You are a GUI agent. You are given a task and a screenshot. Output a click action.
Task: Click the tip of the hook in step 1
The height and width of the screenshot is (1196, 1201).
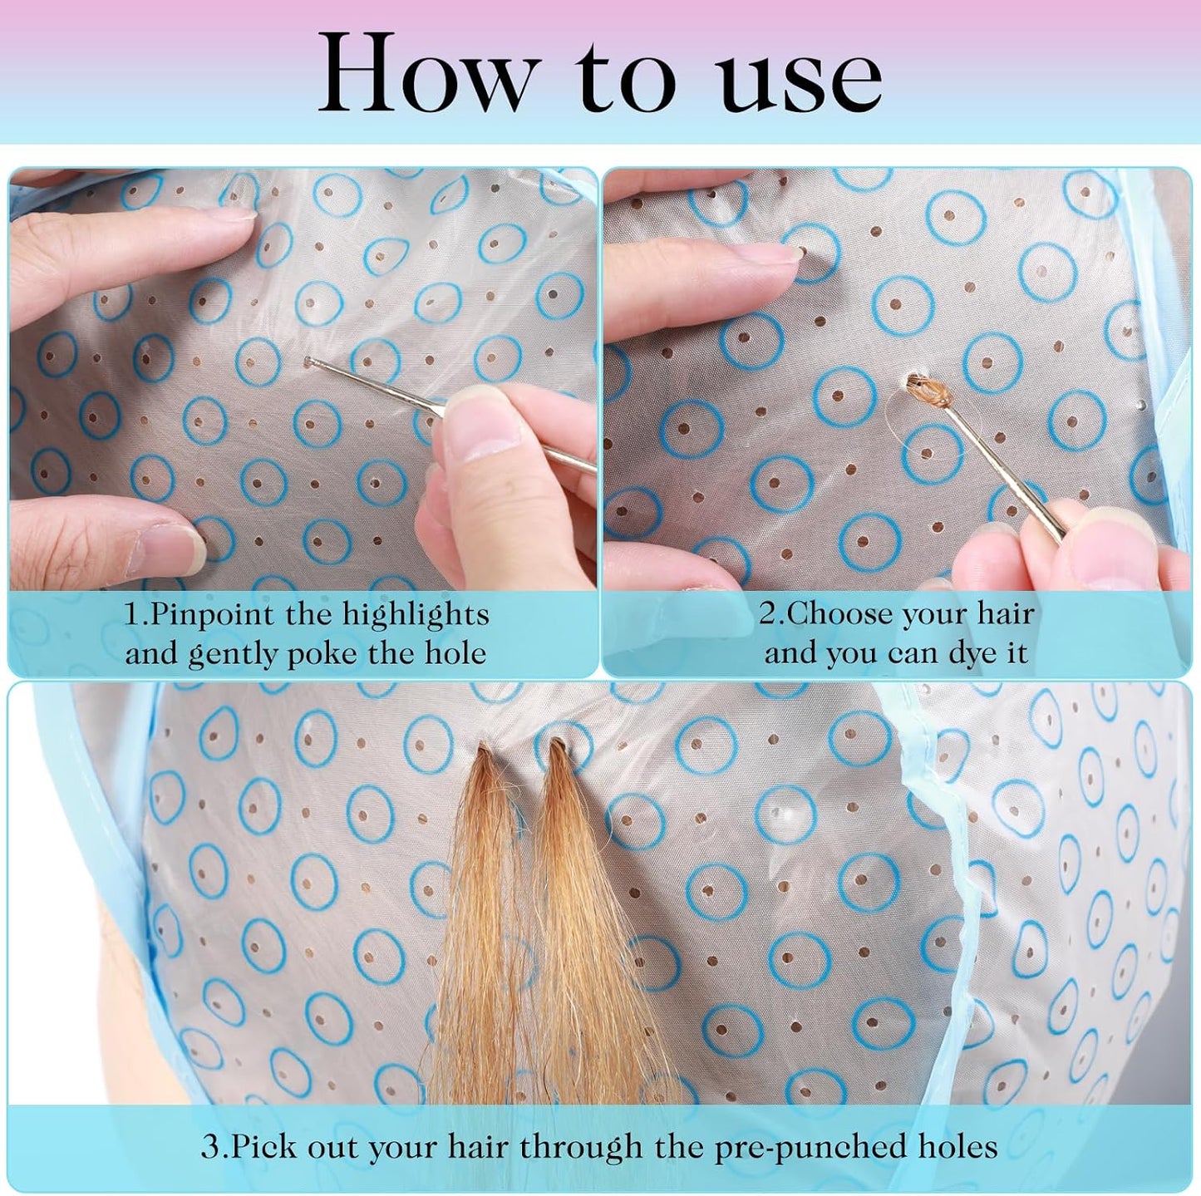tap(307, 360)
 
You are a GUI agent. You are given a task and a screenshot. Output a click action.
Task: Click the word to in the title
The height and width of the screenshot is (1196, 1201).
tap(627, 81)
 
